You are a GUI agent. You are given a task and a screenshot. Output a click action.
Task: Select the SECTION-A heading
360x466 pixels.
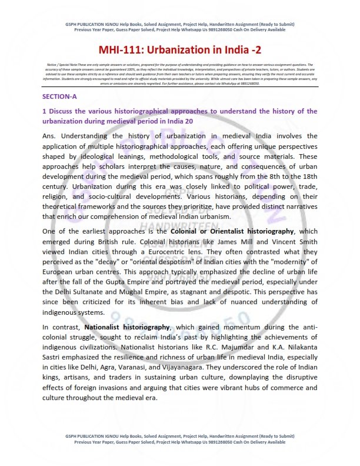59,96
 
